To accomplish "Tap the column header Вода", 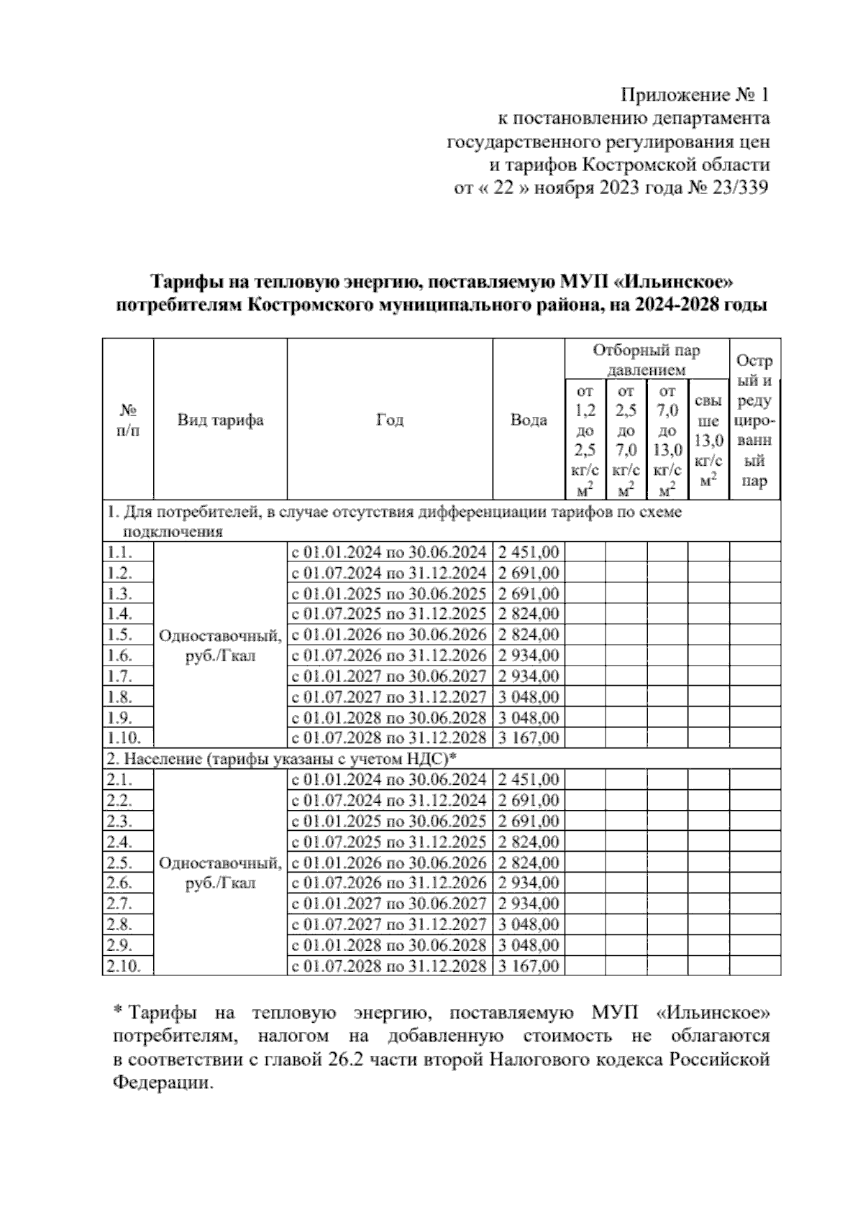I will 529,420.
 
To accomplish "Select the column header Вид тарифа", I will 220,420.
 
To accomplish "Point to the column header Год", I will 390,420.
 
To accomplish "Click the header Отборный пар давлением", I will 646,360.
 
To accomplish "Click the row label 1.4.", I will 120,614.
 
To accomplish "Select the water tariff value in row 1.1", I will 529,553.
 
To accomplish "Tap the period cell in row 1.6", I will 389,655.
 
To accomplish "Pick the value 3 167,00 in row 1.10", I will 529,738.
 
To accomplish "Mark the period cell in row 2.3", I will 389,822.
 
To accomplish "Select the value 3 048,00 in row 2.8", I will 529,924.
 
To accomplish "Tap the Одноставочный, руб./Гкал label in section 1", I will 220,645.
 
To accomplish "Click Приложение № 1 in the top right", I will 695,95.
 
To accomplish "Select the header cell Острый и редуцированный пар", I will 754,420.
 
